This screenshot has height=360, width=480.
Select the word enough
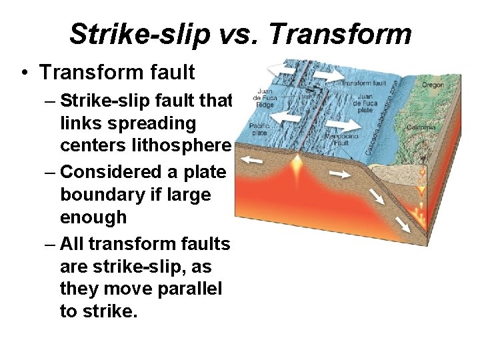(93, 217)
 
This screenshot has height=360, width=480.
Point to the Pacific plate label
(259, 129)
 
